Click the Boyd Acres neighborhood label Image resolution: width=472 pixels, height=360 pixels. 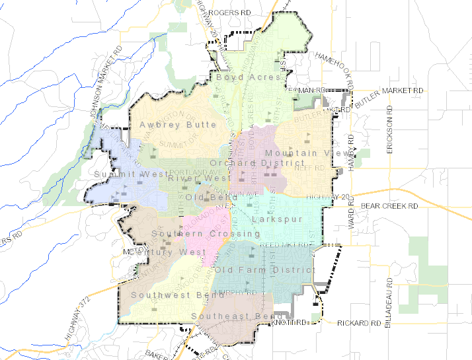coord(249,77)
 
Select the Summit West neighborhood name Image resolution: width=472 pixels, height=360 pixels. coord(128,174)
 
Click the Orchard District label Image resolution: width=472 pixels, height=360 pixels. coord(248,162)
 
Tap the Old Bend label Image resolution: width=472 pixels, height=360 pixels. coord(212,198)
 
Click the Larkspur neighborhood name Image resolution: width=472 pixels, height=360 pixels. coord(277,219)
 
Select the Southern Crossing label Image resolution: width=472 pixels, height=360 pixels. coord(196,234)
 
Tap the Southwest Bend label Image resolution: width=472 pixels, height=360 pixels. coord(169,295)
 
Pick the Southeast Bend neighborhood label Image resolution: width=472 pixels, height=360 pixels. coord(229,316)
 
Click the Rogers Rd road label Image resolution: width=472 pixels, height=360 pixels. coord(231,13)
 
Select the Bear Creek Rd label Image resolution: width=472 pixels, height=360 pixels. coord(390,207)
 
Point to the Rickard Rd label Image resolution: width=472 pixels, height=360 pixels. coord(359,323)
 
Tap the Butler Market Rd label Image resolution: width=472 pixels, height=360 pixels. coord(389,89)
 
